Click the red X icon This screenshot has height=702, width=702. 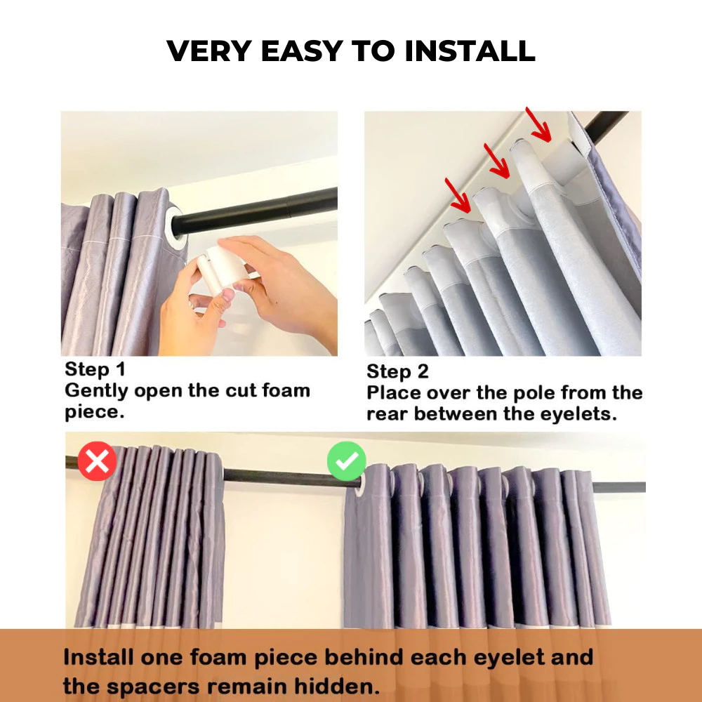pos(97,461)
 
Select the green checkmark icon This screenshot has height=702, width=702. pos(346,461)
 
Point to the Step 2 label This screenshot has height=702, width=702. pos(397,372)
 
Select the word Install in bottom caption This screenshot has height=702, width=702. pos(99,658)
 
